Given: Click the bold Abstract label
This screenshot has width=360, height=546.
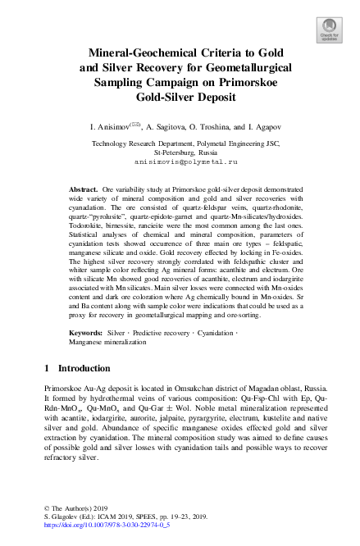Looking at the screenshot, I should (84, 189).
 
